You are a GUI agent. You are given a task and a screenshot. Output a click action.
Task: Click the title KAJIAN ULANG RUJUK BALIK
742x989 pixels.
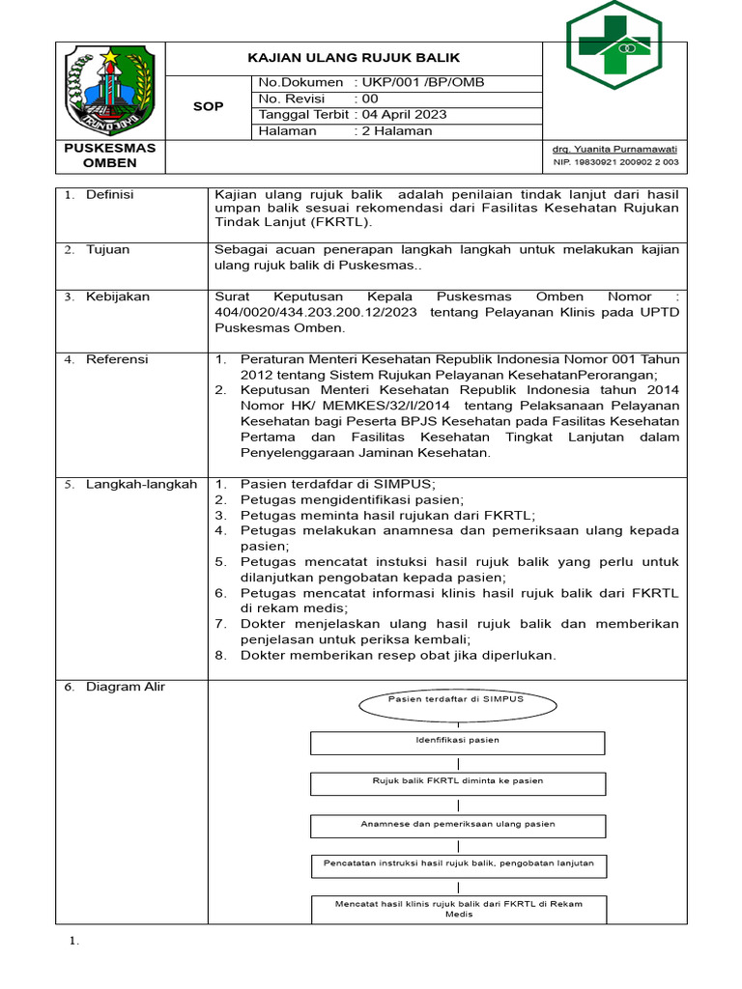pos(354,58)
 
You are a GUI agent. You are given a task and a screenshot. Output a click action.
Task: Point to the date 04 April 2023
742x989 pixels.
pos(404,114)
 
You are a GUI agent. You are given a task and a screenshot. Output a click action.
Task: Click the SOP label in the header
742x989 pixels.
pos(208,106)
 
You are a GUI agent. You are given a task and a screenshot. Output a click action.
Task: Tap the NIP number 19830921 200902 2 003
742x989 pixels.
pos(614,163)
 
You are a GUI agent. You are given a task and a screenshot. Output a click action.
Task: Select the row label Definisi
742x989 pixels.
pos(110,195)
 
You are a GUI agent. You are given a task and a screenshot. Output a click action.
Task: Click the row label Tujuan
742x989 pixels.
pos(107,250)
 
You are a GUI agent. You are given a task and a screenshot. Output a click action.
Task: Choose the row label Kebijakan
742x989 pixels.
pos(118,297)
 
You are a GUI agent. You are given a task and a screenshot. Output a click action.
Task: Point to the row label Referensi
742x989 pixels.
pos(117,359)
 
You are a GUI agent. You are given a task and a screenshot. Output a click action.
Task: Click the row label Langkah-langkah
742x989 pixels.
pos(141,484)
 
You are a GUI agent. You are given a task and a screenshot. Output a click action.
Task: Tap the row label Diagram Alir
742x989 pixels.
pos(126,687)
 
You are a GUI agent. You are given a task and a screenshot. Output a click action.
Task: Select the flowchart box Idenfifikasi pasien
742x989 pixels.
pos(457,742)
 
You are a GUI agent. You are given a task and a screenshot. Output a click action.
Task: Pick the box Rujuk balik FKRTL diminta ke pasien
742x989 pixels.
pos(457,782)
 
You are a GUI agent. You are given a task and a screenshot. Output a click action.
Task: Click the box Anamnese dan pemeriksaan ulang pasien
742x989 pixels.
pos(457,826)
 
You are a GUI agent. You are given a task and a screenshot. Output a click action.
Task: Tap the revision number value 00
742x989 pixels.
pos(371,99)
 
